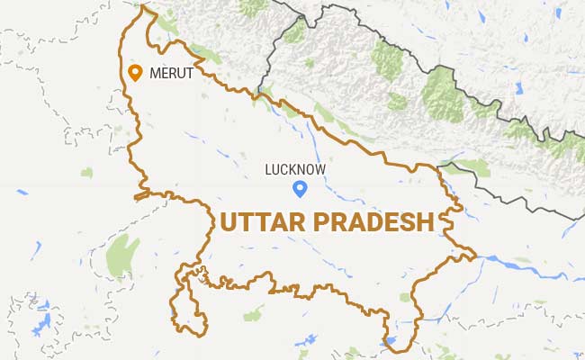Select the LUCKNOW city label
(295, 168)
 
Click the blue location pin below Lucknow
(301, 188)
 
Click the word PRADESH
(377, 220)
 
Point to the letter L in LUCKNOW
(268, 168)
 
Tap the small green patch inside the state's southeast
(404, 297)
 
